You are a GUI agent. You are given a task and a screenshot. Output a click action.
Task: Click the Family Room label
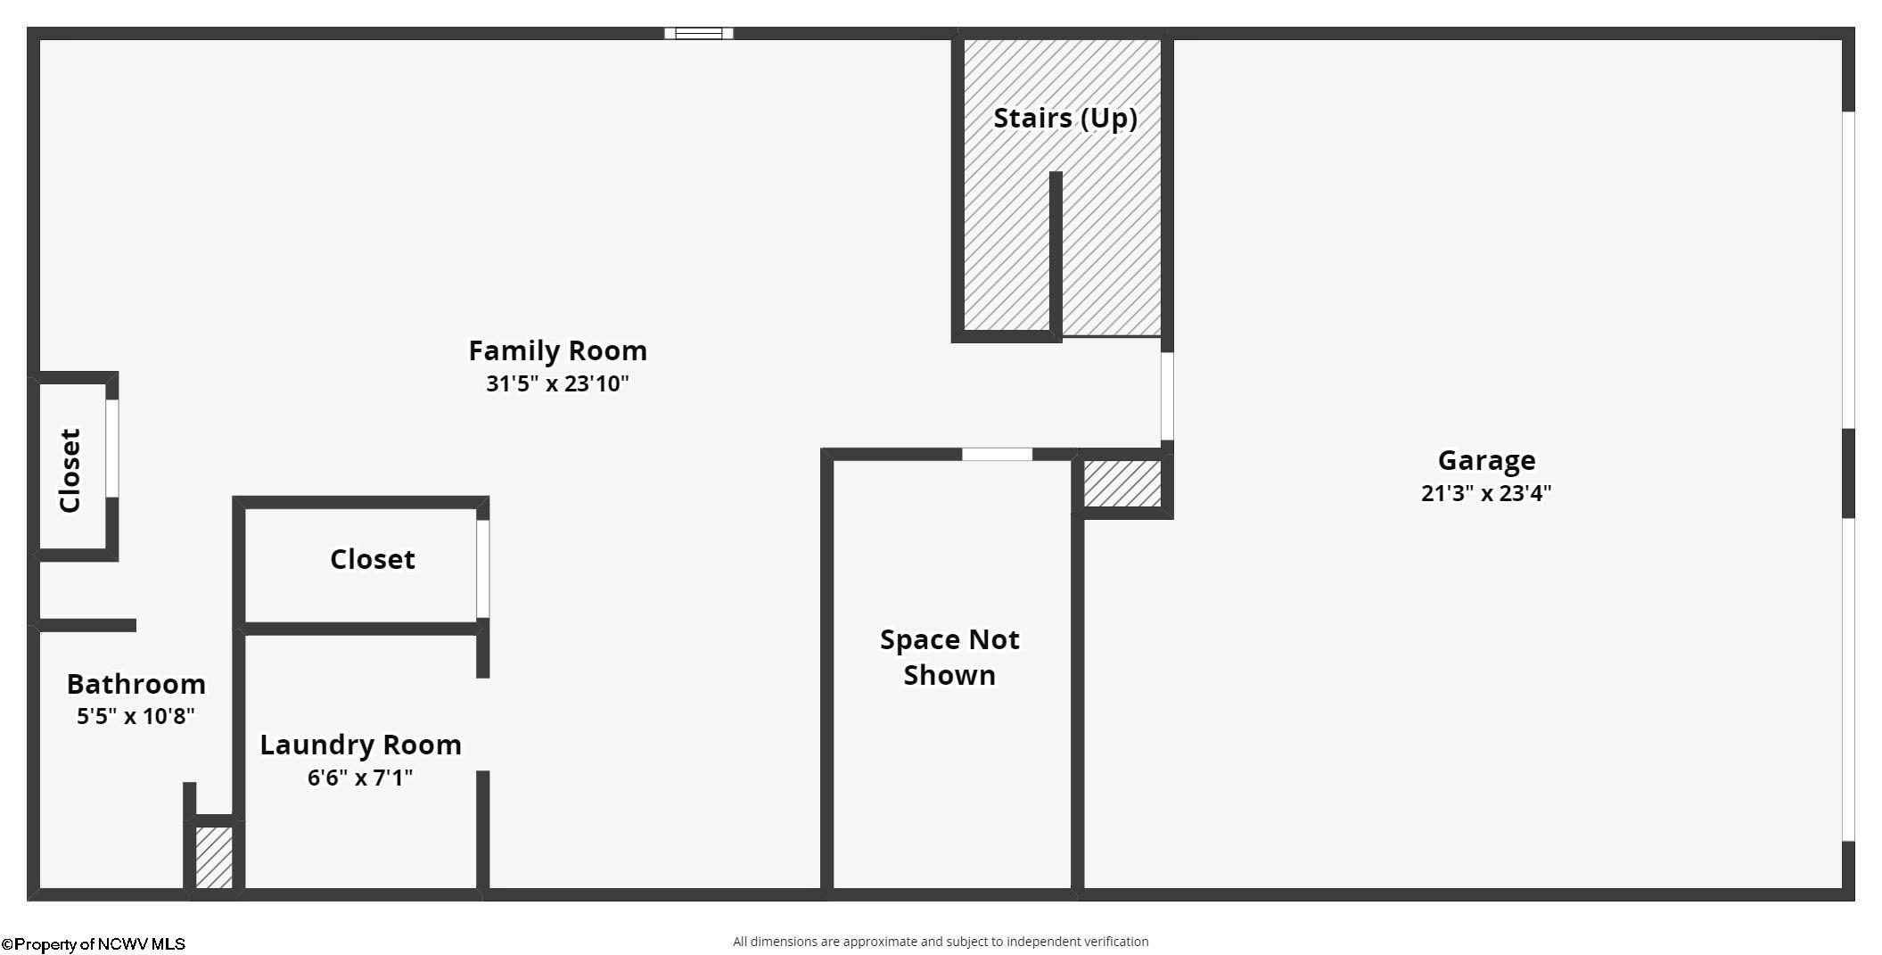(557, 350)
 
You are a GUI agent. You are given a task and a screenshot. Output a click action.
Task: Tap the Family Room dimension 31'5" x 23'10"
(557, 383)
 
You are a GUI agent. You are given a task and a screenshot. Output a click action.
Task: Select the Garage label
(1486, 460)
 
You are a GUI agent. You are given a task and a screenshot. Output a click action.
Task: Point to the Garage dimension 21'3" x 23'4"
(1486, 493)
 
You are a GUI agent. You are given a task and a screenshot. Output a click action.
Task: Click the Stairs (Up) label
(1064, 118)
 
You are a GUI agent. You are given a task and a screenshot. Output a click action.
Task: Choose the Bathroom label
(136, 684)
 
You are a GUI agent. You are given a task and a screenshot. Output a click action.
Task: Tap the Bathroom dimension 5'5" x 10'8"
(136, 716)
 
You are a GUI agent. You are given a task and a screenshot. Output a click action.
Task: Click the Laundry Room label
(360, 745)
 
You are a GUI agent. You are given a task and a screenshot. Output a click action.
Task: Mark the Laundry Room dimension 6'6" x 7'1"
(360, 778)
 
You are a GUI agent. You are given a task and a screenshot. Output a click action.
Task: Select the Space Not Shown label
(949, 657)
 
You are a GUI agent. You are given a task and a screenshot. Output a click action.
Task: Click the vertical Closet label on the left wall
(70, 470)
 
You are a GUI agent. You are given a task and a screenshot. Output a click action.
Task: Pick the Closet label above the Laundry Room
(373, 559)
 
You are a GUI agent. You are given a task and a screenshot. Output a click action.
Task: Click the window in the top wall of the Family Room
(698, 34)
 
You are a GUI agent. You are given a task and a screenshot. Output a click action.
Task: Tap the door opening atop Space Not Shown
(997, 455)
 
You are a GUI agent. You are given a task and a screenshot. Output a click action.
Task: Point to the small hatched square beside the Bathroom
(214, 857)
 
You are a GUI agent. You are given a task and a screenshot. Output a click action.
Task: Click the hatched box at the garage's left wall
(1122, 483)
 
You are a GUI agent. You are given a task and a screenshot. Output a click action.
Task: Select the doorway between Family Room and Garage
(1166, 396)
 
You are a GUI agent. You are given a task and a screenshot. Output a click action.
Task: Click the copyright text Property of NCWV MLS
(94, 944)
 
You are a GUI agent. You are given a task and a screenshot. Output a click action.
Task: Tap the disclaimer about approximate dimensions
(941, 942)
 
